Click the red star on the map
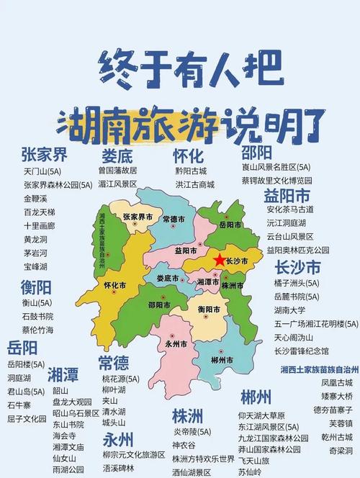219,260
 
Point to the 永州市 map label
176,343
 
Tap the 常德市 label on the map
174,219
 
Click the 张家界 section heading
44,155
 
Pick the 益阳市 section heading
287,196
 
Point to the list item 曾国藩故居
117,171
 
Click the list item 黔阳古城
191,171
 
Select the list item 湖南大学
292,310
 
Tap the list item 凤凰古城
337,383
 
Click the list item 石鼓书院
37,317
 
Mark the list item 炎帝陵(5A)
192,432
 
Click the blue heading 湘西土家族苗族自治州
319,369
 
